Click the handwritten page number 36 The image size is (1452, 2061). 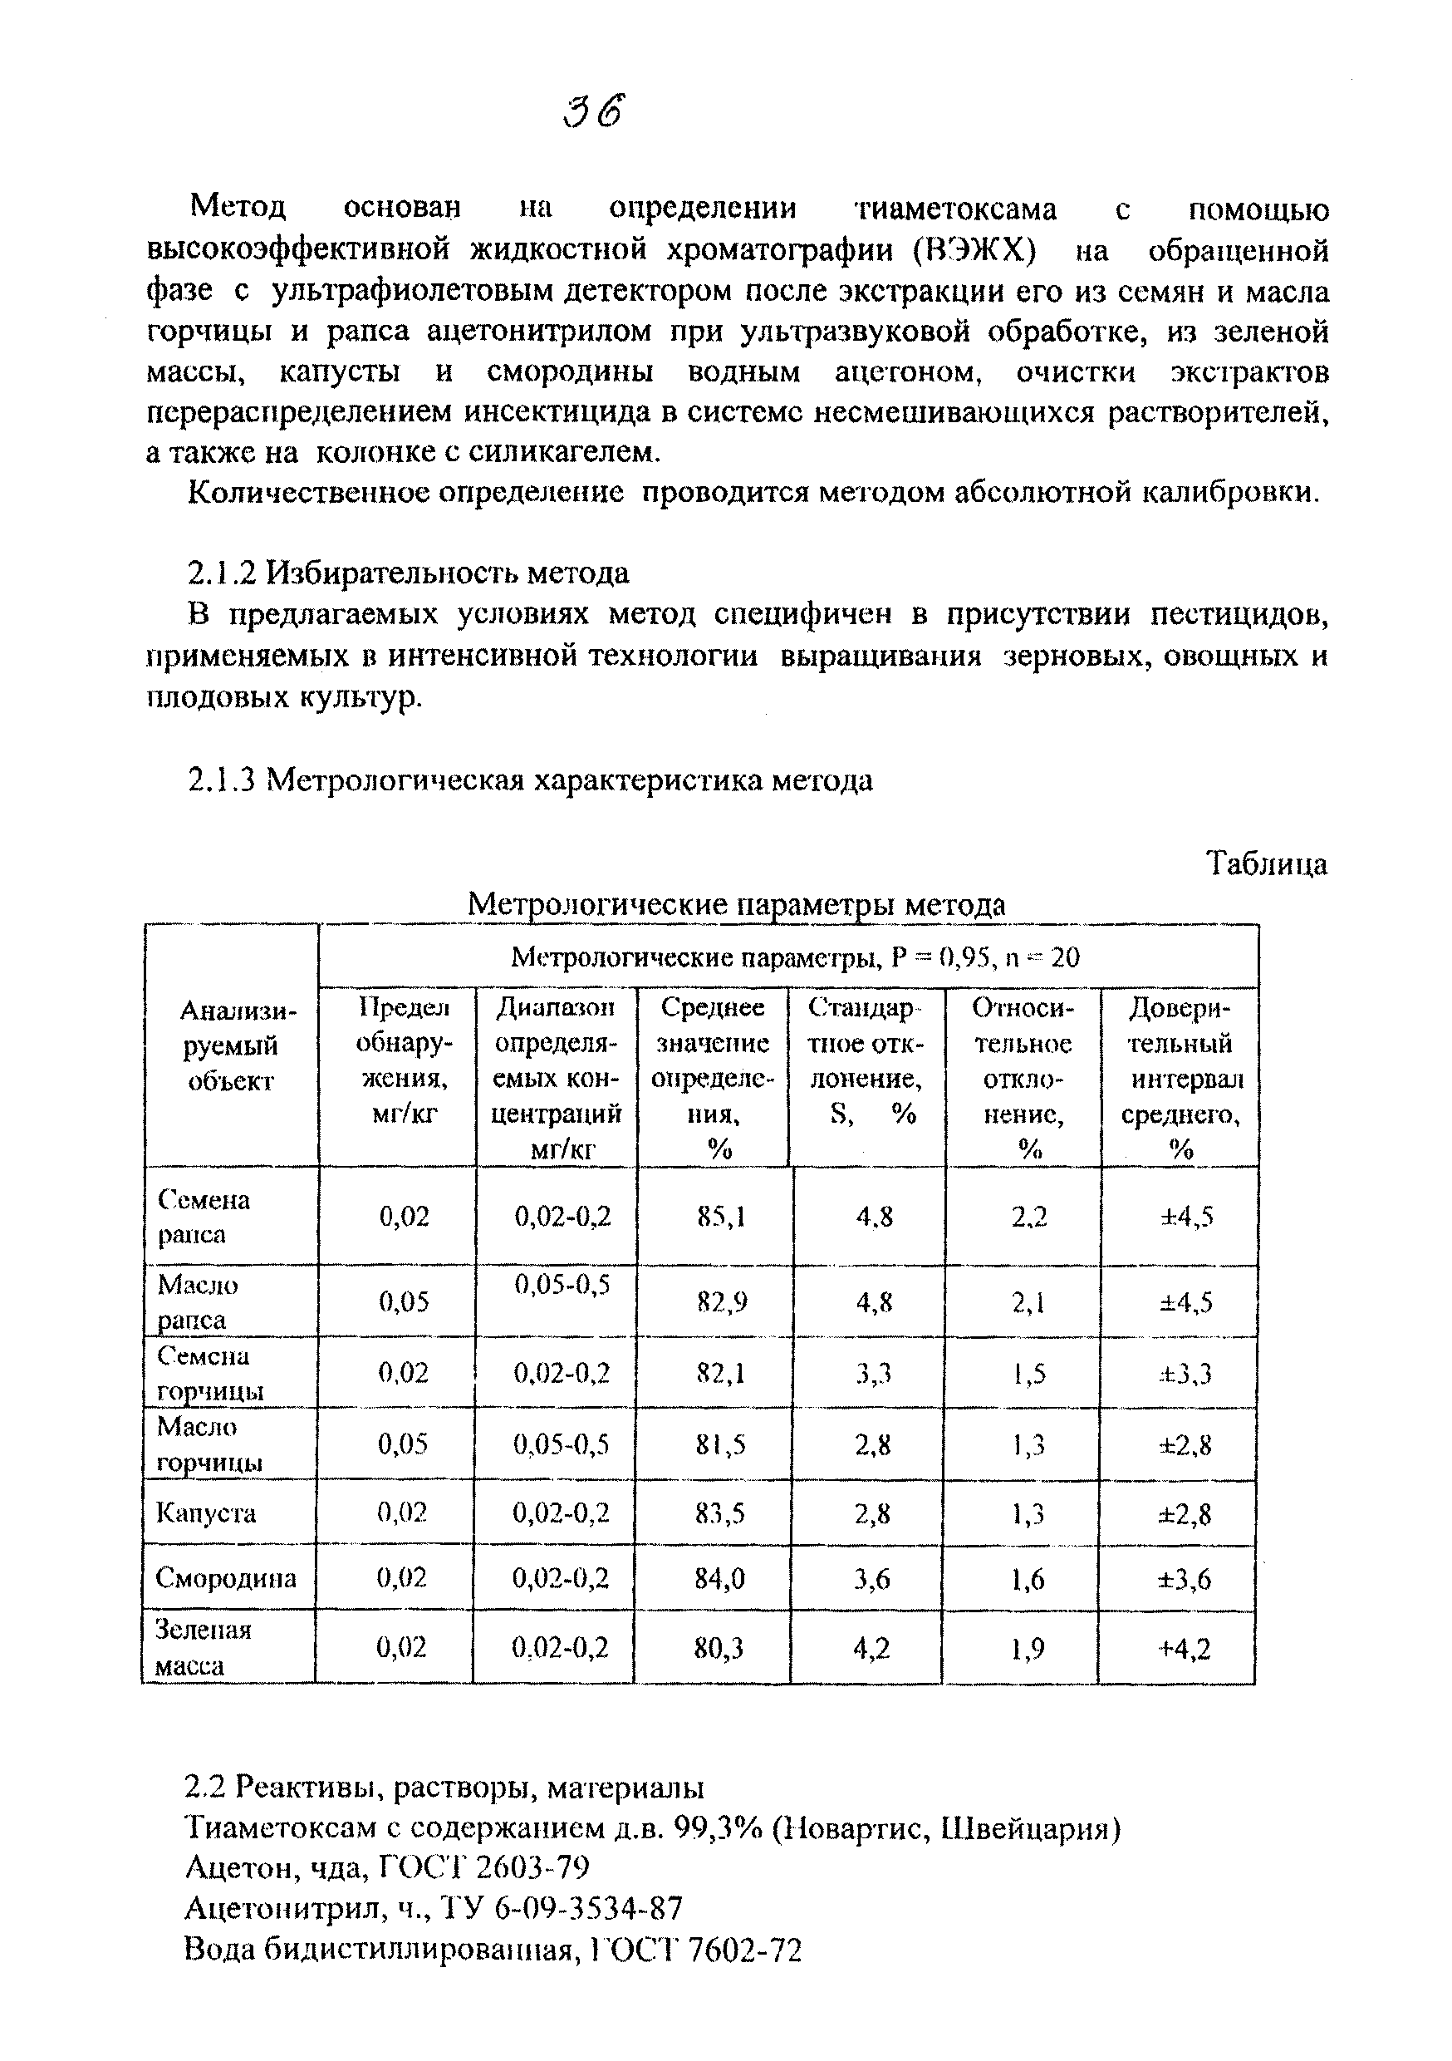593,112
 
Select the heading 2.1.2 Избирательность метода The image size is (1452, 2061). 409,572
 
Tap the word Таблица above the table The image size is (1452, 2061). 1266,863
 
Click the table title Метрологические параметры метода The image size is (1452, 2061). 736,905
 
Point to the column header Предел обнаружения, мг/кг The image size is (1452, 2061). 404,1060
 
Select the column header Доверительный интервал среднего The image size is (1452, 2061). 1180,1077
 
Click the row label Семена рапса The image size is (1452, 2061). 204,1217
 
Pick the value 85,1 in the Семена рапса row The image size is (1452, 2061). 721,1217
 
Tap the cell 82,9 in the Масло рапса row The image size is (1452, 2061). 722,1301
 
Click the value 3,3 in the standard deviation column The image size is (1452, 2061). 872,1374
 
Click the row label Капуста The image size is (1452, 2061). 206,1513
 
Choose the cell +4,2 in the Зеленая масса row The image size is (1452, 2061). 1185,1648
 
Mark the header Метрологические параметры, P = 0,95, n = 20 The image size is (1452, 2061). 795,958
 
